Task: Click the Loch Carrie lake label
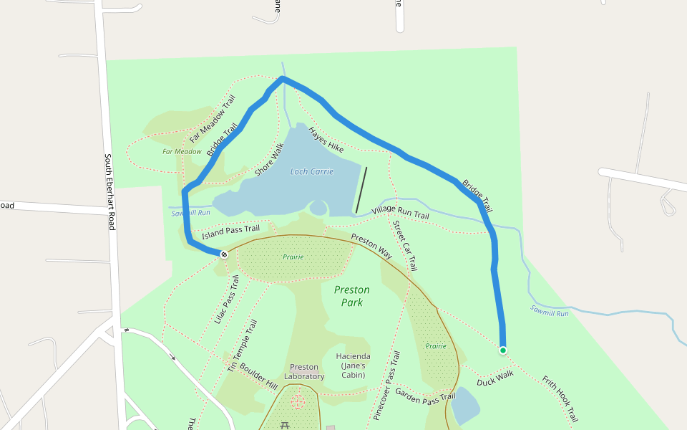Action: [x=312, y=172]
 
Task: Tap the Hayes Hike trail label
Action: [x=326, y=140]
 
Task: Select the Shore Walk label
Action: [x=270, y=160]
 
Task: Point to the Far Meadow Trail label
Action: [x=212, y=120]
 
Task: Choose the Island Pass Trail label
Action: [x=230, y=231]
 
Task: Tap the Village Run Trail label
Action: [x=400, y=212]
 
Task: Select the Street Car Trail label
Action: [x=404, y=246]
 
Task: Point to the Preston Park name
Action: [x=352, y=296]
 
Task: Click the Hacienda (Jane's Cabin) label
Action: [x=354, y=365]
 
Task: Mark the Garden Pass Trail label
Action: [x=425, y=395]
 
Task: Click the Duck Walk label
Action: [x=495, y=378]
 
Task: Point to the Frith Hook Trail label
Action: [x=560, y=398]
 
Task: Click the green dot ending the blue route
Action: [x=503, y=350]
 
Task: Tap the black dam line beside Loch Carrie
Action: [x=361, y=190]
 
